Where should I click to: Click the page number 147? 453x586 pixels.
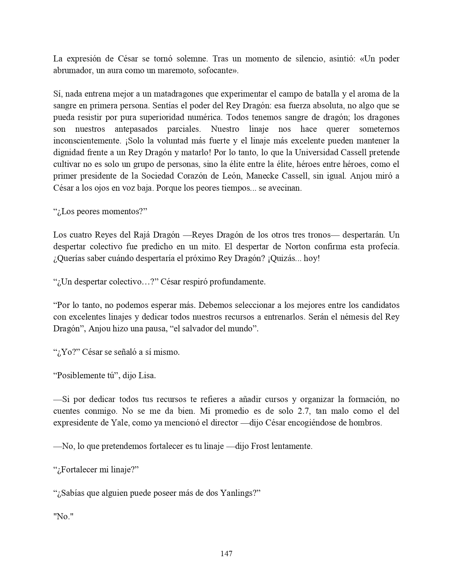[x=226, y=553]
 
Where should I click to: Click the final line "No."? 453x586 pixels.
[x=63, y=516]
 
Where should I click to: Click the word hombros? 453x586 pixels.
[x=367, y=423]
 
